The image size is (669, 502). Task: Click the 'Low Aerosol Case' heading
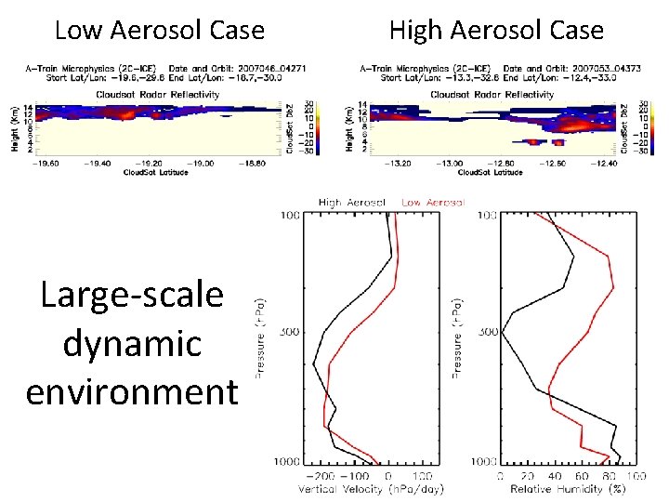click(160, 31)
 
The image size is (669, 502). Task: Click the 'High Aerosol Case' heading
click(496, 31)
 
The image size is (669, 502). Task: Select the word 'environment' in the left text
click(132, 391)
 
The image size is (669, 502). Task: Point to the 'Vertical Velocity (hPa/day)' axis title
click(372, 489)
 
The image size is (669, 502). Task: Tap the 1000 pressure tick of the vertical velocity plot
click(287, 462)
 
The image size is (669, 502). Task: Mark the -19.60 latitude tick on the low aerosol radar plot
click(38, 163)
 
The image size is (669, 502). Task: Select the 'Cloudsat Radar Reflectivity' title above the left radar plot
click(157, 94)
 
